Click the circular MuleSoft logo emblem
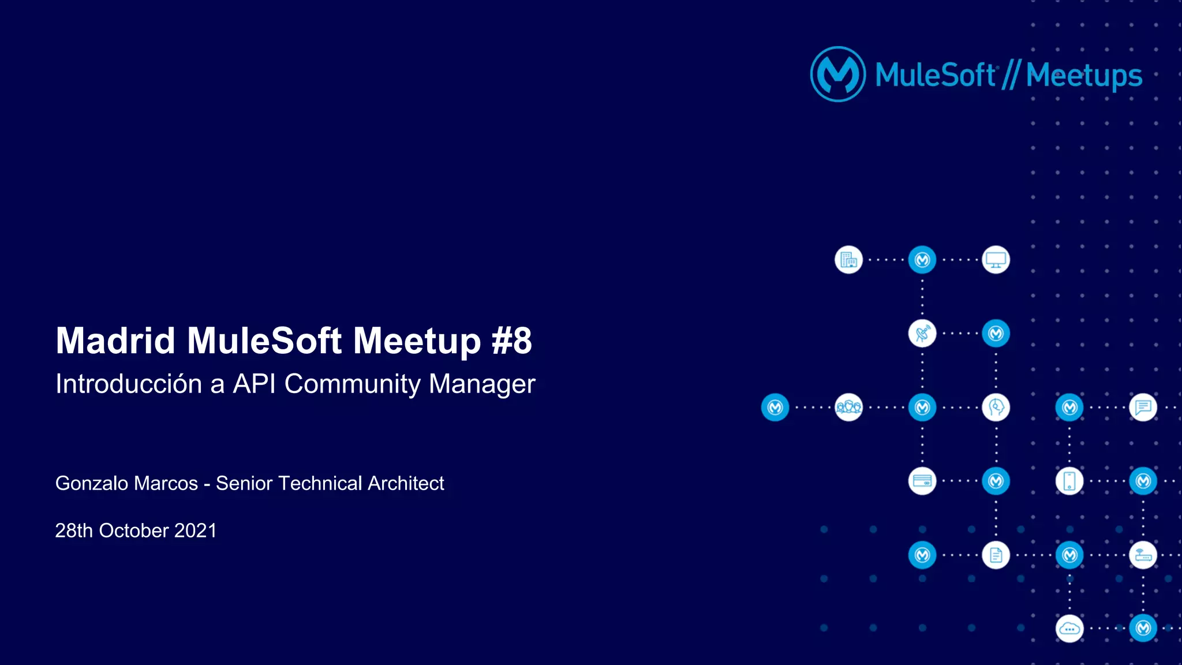pyautogui.click(x=838, y=74)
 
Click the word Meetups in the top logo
pyautogui.click(x=1084, y=76)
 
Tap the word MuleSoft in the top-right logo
pyautogui.click(x=935, y=75)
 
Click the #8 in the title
pyautogui.click(x=511, y=341)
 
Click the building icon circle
pyautogui.click(x=848, y=260)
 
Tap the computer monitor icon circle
pyautogui.click(x=996, y=260)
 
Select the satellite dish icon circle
pyautogui.click(x=922, y=334)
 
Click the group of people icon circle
pyautogui.click(x=848, y=408)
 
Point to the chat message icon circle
pyautogui.click(x=1143, y=408)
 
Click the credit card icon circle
pyautogui.click(x=922, y=481)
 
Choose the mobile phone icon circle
pyautogui.click(x=1069, y=481)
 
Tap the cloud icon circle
pyautogui.click(x=1069, y=629)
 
